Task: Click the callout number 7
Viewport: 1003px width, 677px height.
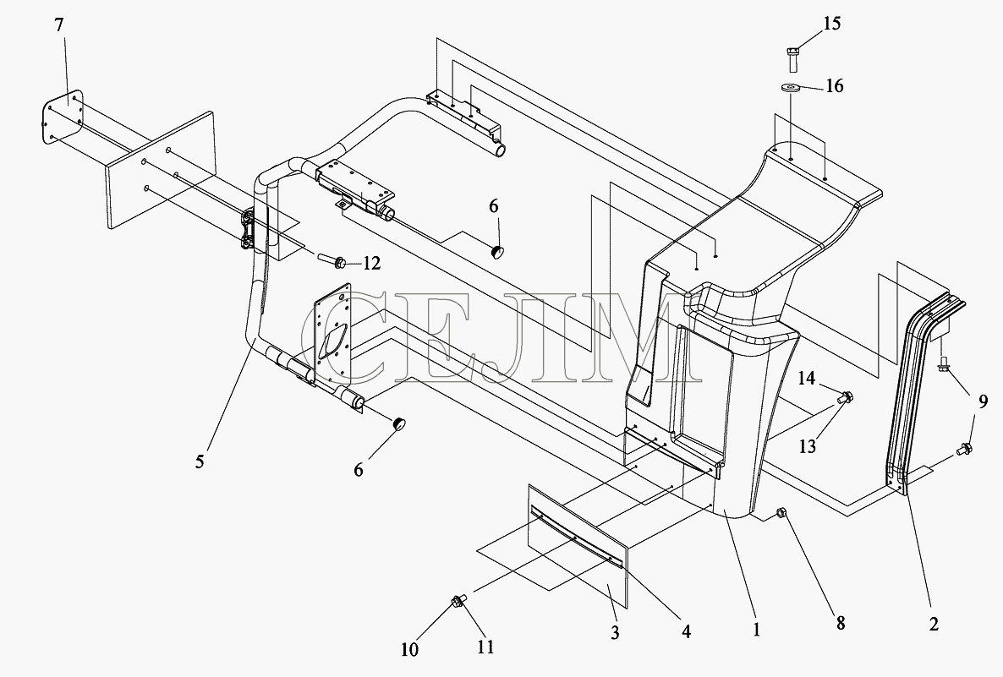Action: tap(59, 25)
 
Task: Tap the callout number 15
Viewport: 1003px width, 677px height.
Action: tap(831, 24)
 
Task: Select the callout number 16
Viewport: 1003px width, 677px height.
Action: tap(834, 85)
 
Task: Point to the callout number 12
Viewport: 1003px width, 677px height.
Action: tap(371, 263)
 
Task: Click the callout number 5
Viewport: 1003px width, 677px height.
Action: tap(200, 461)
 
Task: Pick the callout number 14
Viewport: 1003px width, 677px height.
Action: tap(806, 379)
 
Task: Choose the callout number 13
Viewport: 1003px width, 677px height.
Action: tap(808, 445)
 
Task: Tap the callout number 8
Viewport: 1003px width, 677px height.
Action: tap(840, 622)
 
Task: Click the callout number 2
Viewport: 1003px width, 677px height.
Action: tap(934, 624)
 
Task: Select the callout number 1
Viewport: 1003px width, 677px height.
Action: tap(756, 629)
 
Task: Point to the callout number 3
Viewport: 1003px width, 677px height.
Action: tap(615, 632)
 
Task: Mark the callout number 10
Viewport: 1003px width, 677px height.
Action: tap(409, 649)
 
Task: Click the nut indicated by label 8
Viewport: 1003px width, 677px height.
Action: tap(781, 512)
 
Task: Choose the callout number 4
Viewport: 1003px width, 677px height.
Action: tap(686, 631)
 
